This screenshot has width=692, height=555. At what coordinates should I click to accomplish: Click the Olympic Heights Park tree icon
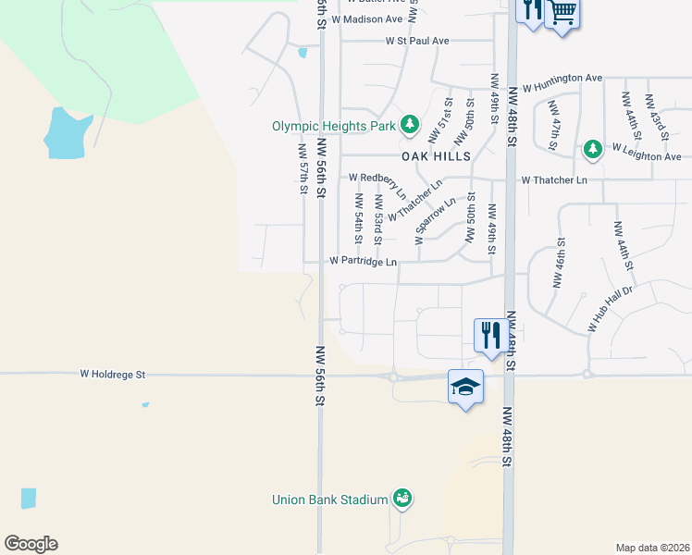click(x=410, y=124)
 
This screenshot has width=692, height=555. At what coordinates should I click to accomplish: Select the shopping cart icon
click(x=562, y=14)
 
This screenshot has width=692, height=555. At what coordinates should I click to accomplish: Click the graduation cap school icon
click(x=465, y=387)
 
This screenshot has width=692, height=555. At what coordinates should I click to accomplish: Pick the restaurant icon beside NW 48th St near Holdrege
click(x=488, y=334)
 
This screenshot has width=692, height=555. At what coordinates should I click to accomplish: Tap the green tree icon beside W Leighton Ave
click(x=593, y=148)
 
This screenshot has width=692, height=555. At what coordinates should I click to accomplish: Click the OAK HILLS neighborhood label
click(x=436, y=156)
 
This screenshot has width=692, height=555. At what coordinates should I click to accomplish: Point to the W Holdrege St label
click(x=113, y=375)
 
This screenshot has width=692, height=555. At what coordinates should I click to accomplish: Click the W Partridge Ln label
click(x=364, y=262)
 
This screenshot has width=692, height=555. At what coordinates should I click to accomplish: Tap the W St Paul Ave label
click(x=417, y=41)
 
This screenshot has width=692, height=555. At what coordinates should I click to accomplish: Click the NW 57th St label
click(x=303, y=168)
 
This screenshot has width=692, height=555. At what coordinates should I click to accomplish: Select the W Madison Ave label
click(x=368, y=18)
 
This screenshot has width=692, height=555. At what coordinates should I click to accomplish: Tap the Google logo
click(x=31, y=544)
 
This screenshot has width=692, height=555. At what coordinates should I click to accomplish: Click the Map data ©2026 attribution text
click(x=651, y=547)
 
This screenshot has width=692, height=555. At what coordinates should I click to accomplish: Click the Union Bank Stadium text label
click(x=329, y=499)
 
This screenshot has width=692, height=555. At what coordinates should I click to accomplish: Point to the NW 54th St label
click(x=358, y=213)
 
